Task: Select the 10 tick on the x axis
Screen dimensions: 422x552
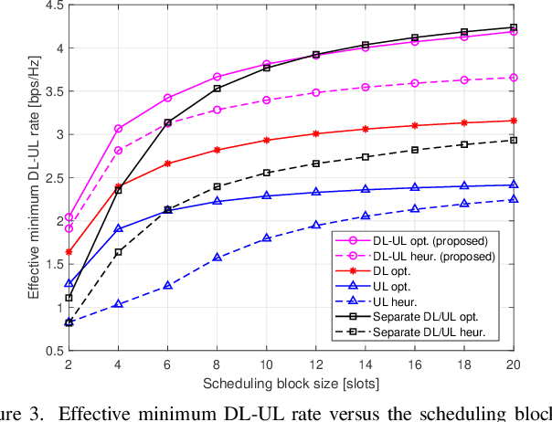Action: point(266,363)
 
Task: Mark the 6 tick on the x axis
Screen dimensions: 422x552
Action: point(167,363)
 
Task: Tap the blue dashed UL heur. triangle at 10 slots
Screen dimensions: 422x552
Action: point(266,237)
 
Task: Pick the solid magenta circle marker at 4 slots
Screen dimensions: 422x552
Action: point(118,129)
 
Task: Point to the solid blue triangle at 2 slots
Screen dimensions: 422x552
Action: point(69,283)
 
